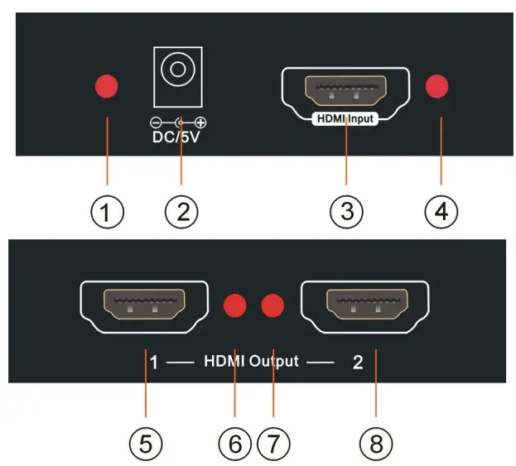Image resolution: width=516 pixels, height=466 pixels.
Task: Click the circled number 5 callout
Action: (146, 444)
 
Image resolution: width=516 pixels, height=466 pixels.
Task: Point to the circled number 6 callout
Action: (235, 444)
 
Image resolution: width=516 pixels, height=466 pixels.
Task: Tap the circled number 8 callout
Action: (376, 444)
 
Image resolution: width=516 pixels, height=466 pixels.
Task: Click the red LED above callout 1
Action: (106, 86)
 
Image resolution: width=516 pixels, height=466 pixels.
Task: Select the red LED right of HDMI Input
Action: (436, 86)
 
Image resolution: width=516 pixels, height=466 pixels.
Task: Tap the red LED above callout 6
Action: (236, 305)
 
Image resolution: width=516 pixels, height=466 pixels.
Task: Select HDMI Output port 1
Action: (143, 305)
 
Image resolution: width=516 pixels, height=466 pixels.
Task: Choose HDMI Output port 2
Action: (364, 305)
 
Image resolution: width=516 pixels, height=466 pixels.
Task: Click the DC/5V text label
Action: (175, 137)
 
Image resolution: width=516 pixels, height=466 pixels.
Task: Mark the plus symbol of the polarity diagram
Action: (200, 123)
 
